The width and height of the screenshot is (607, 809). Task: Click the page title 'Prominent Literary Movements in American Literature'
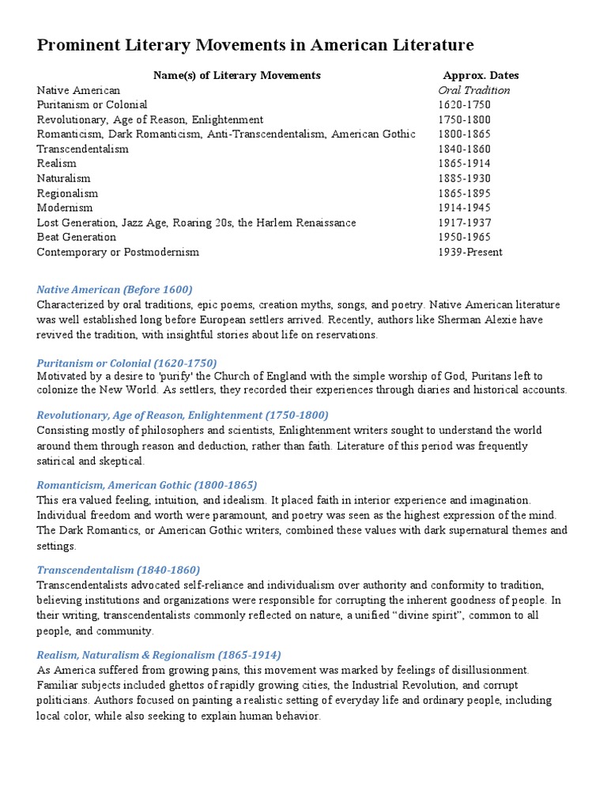pyautogui.click(x=255, y=46)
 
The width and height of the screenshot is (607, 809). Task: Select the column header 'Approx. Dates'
pyautogui.click(x=481, y=75)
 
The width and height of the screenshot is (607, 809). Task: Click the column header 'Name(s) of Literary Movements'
pyautogui.click(x=236, y=75)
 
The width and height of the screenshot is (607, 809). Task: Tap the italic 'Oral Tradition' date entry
pyautogui.click(x=474, y=90)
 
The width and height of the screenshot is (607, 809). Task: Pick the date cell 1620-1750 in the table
pyautogui.click(x=464, y=104)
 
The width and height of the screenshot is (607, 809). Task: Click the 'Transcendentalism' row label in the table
pyautogui.click(x=83, y=149)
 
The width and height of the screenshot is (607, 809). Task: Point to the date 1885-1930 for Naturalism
pyautogui.click(x=464, y=179)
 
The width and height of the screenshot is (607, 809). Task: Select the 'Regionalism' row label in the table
pyautogui.click(x=68, y=194)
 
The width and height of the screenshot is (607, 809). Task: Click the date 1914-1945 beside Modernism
pyautogui.click(x=464, y=208)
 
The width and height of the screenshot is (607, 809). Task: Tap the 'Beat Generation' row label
pyautogui.click(x=77, y=237)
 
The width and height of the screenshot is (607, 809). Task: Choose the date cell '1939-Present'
pyautogui.click(x=470, y=252)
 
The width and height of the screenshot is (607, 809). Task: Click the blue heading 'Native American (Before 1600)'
pyautogui.click(x=115, y=289)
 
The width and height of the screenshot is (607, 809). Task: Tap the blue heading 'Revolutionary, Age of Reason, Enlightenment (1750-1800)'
pyautogui.click(x=183, y=415)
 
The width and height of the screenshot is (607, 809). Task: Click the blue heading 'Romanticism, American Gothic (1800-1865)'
pyautogui.click(x=147, y=485)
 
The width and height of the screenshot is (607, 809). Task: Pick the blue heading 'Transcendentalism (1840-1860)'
pyautogui.click(x=119, y=570)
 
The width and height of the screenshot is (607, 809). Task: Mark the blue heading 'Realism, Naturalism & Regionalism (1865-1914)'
pyautogui.click(x=159, y=655)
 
